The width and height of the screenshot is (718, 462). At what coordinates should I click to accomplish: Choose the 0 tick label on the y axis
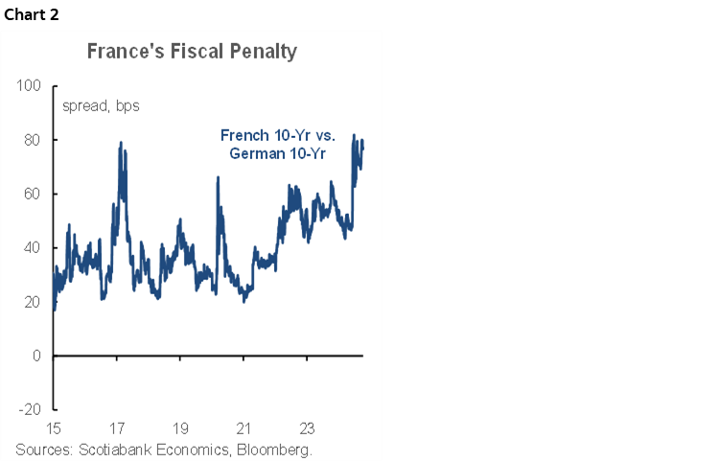(x=36, y=356)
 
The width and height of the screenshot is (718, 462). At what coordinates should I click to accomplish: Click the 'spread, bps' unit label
(x=101, y=105)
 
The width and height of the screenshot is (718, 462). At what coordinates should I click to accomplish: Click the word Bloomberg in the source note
(x=272, y=450)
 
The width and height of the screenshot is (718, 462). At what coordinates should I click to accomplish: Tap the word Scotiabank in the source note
(x=114, y=450)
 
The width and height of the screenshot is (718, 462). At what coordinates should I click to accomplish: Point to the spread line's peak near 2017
(x=121, y=143)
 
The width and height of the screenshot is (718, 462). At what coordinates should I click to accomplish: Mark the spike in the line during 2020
(x=218, y=177)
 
